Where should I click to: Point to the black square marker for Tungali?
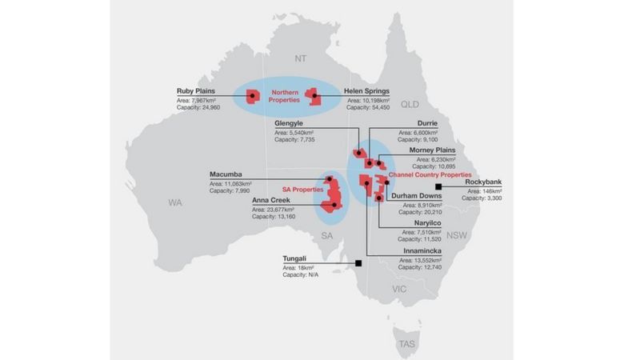pos(359,262)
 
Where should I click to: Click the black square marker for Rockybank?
pos(439,186)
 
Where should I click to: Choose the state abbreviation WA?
pos(176,203)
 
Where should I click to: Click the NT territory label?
pos(301,58)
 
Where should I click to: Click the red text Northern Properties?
pos(284,97)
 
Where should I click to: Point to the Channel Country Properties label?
pos(428,174)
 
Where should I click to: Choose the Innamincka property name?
pos(425,250)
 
